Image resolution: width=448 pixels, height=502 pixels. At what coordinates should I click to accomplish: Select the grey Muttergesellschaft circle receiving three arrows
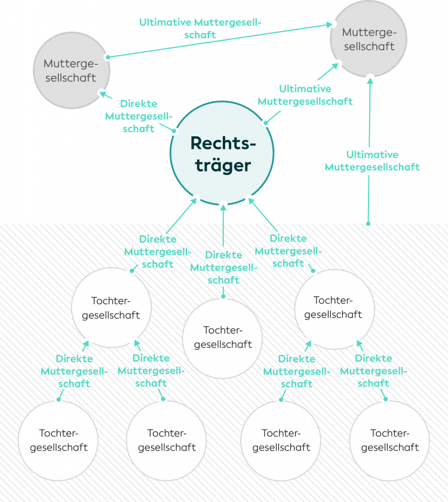tap(369, 39)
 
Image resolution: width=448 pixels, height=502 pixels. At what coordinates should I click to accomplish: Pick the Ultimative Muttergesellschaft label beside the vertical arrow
tap(372, 161)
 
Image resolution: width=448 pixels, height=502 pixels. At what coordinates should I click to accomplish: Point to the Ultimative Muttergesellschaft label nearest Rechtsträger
tap(305, 95)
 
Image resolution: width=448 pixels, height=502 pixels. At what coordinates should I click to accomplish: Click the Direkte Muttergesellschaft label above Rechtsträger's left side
tap(139, 116)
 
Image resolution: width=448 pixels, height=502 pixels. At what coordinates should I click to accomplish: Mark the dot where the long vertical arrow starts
tap(369, 224)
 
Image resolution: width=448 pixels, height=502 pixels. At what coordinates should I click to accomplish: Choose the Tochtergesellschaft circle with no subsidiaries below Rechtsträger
tap(223, 338)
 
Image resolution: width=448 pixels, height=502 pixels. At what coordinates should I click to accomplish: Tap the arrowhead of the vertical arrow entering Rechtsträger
tap(223, 206)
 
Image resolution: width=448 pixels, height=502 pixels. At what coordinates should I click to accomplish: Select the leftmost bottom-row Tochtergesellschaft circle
tap(59, 440)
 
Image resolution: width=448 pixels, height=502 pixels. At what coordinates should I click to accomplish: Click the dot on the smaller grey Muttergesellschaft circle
tap(108, 57)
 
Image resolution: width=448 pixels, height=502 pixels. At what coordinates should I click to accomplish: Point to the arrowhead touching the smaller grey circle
tap(103, 93)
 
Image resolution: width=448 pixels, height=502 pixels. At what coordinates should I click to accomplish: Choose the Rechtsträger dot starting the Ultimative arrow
tap(266, 123)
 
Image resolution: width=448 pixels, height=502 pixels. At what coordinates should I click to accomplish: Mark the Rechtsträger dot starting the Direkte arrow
tap(174, 130)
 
